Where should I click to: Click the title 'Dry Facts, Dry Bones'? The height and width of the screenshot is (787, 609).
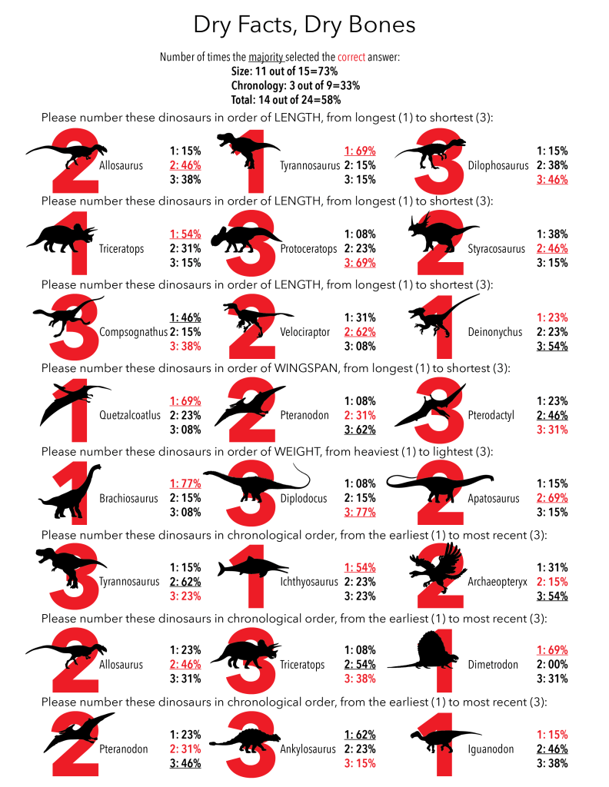(304, 25)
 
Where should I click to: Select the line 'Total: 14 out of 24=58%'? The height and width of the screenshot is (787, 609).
(286, 99)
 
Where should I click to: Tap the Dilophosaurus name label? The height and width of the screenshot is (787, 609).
(498, 165)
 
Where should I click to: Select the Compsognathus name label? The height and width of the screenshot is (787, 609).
(131, 332)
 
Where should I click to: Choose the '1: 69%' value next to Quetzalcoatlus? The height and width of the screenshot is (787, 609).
(185, 401)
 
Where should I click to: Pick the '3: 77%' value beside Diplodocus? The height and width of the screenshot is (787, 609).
(361, 511)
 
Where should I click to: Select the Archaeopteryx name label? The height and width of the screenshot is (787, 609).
(498, 581)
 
